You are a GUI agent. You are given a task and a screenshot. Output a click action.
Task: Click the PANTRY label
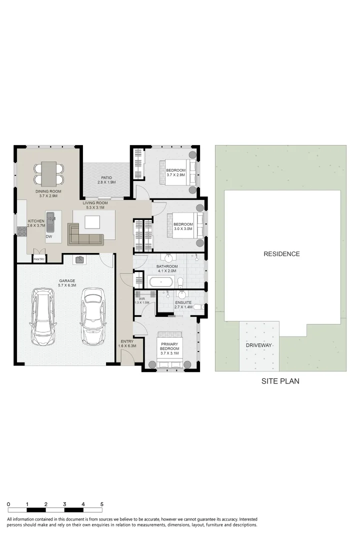tap(39, 259)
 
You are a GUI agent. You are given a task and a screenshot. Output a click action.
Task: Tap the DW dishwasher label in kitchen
tap(49, 236)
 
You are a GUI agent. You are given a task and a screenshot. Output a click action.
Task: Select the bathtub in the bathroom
tap(161, 281)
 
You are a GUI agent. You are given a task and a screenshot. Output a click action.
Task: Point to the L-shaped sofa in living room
tap(85, 235)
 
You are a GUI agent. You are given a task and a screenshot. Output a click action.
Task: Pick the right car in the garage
tap(93, 316)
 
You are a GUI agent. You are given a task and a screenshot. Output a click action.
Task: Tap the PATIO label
tap(106, 177)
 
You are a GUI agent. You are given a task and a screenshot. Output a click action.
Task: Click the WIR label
tap(141, 298)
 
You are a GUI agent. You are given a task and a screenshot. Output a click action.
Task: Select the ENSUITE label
tap(183, 302)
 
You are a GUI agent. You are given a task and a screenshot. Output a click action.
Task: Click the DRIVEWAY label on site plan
tap(258, 345)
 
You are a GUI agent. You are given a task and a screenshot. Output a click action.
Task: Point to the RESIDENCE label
tap(281, 254)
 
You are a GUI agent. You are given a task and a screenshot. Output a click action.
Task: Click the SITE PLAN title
tap(280, 381)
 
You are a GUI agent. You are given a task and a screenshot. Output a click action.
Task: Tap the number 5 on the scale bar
tap(101, 504)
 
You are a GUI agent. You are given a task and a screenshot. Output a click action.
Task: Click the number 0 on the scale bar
tap(8, 504)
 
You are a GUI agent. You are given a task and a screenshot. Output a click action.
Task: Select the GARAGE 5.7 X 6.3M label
tap(67, 283)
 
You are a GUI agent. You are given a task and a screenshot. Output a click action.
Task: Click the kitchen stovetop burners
tap(22, 230)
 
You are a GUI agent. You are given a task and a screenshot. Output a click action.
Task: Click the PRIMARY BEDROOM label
tap(169, 346)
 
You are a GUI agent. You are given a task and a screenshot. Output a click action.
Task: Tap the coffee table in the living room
tap(92, 222)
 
